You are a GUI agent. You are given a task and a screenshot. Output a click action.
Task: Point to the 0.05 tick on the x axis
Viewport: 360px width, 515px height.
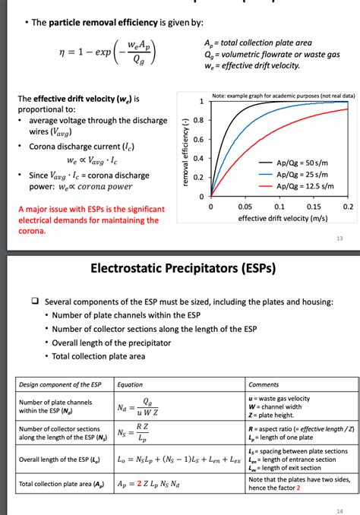(x=244, y=206)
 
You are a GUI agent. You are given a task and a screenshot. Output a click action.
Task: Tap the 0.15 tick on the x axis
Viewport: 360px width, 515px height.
(x=312, y=206)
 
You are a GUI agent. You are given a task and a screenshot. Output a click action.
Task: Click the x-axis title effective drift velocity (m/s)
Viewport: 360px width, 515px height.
(x=278, y=218)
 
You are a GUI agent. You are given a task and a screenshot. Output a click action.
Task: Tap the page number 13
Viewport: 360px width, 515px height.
(x=339, y=239)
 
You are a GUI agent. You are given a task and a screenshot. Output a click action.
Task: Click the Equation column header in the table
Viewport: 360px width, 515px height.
(x=130, y=384)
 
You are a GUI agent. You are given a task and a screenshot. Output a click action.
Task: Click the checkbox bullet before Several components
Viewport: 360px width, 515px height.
(x=36, y=301)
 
